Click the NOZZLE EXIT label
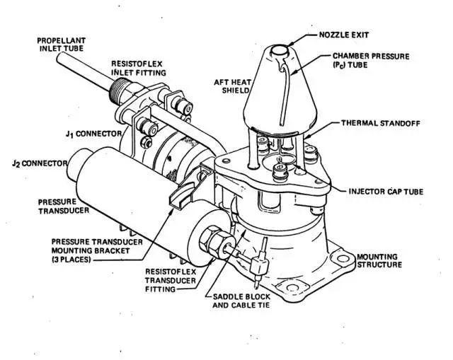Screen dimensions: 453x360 (344, 35)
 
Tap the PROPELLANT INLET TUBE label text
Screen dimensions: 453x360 (62, 44)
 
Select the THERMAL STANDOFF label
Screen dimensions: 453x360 (381, 123)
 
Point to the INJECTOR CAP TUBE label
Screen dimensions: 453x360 (386, 192)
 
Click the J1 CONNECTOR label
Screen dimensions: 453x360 (93, 134)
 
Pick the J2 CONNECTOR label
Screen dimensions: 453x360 (40, 163)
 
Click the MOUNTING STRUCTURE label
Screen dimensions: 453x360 (379, 261)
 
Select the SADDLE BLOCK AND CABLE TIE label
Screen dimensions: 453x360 (241, 301)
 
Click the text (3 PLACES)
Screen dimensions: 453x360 (71, 260)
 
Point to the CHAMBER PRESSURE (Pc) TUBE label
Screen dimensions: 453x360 (371, 60)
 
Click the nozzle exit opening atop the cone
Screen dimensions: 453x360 (279, 50)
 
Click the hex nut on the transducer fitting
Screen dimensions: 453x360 (210, 241)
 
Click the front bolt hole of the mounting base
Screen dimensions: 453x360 (292, 288)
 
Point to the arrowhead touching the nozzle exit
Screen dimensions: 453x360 (292, 44)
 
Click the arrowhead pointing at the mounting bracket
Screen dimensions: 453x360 (171, 212)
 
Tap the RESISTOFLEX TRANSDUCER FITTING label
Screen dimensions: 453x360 (171, 280)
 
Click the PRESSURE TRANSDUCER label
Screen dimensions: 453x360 (64, 207)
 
